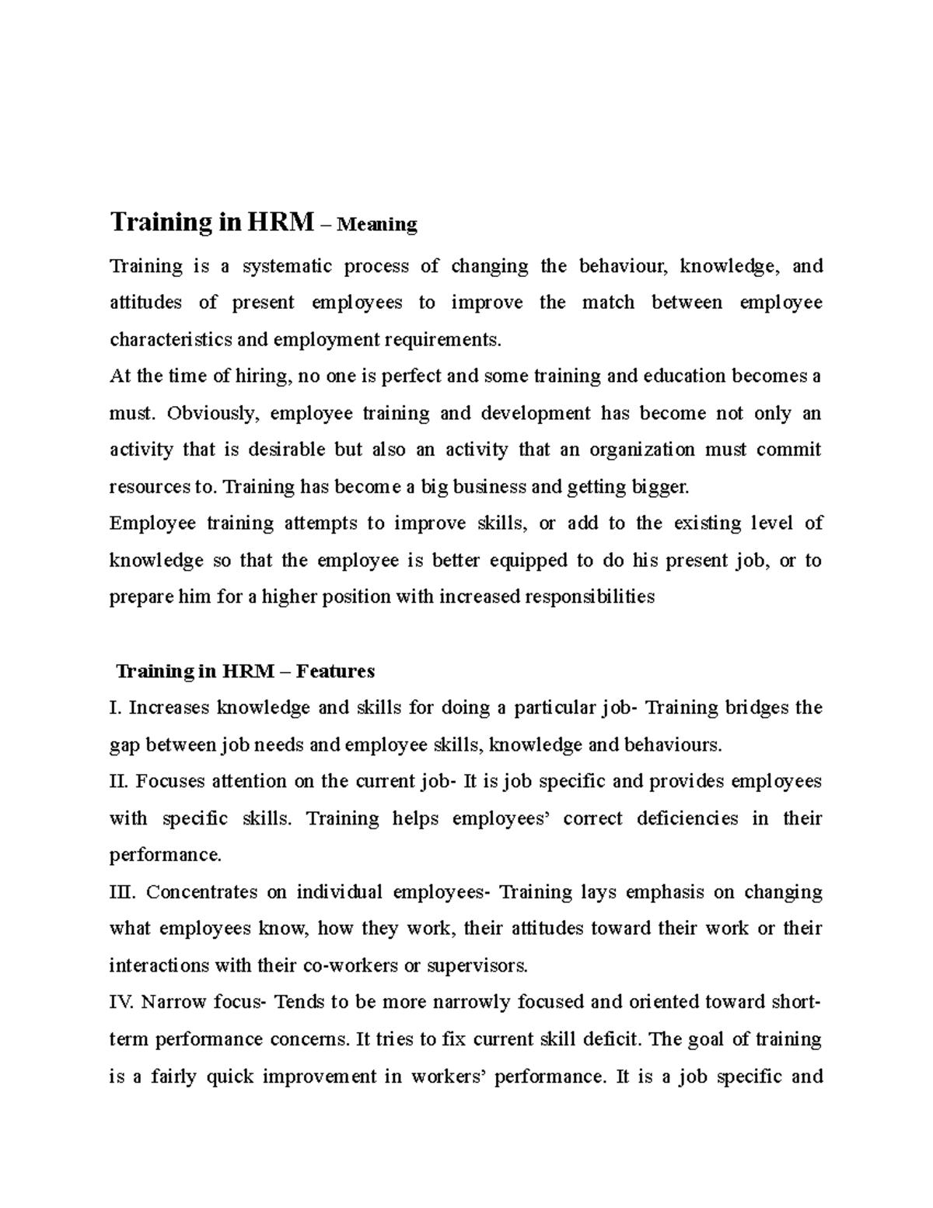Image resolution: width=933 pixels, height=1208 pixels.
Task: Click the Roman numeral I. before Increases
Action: click(116, 708)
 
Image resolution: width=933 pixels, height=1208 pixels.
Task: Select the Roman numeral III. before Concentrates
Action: click(123, 891)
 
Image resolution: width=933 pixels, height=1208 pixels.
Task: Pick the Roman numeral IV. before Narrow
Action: click(122, 1002)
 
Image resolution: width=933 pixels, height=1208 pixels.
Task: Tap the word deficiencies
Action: click(687, 818)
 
